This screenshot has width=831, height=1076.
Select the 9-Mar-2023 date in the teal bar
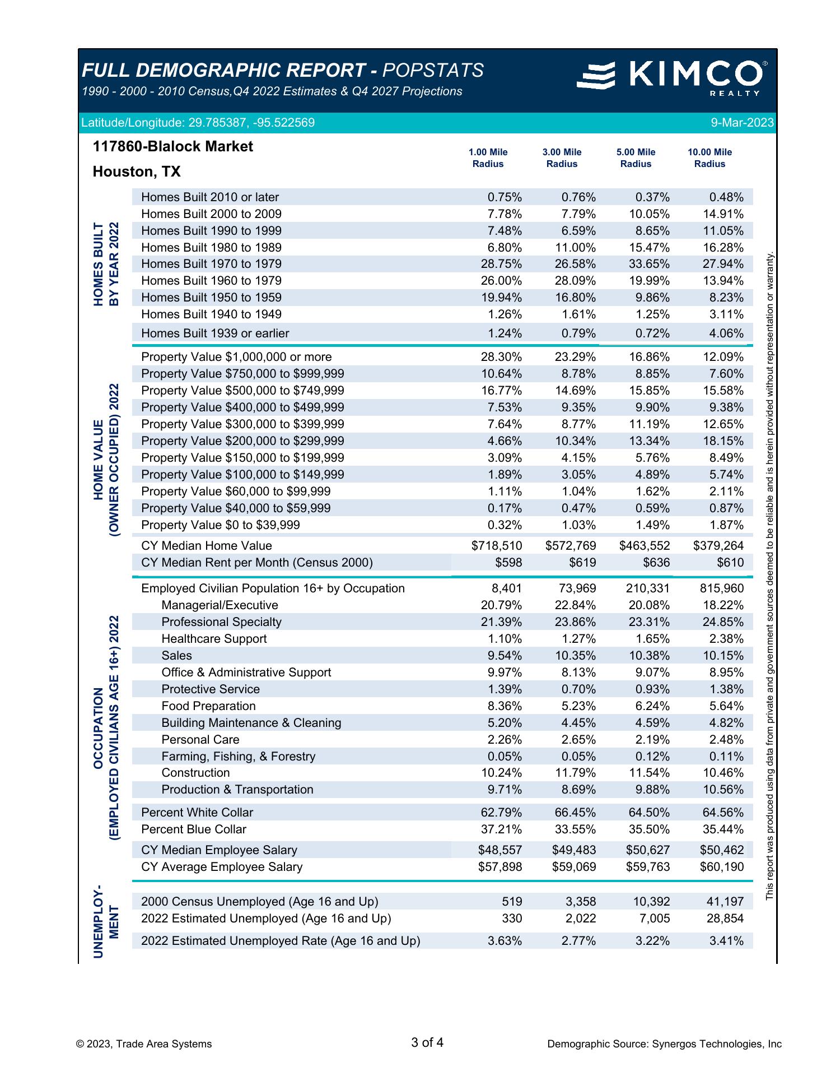[742, 123]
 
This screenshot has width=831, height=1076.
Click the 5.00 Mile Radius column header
[636, 158]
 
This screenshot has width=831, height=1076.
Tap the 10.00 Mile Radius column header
[709, 158]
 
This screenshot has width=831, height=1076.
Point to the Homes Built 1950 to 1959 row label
[211, 298]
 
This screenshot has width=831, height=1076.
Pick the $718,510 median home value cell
[497, 546]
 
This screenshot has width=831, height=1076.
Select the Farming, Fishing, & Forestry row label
[238, 757]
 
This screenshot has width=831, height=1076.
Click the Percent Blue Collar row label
[194, 829]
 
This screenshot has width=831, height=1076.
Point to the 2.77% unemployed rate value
[578, 941]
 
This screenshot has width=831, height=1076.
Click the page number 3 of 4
[427, 1043]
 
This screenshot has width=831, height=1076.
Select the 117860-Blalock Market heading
[172, 147]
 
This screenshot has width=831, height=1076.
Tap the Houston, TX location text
[137, 171]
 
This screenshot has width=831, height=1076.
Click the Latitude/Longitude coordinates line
[198, 123]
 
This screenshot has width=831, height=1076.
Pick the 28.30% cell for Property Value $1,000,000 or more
[501, 357]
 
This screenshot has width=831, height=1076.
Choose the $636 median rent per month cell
[656, 563]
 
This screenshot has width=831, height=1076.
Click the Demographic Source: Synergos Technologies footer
[664, 1044]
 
